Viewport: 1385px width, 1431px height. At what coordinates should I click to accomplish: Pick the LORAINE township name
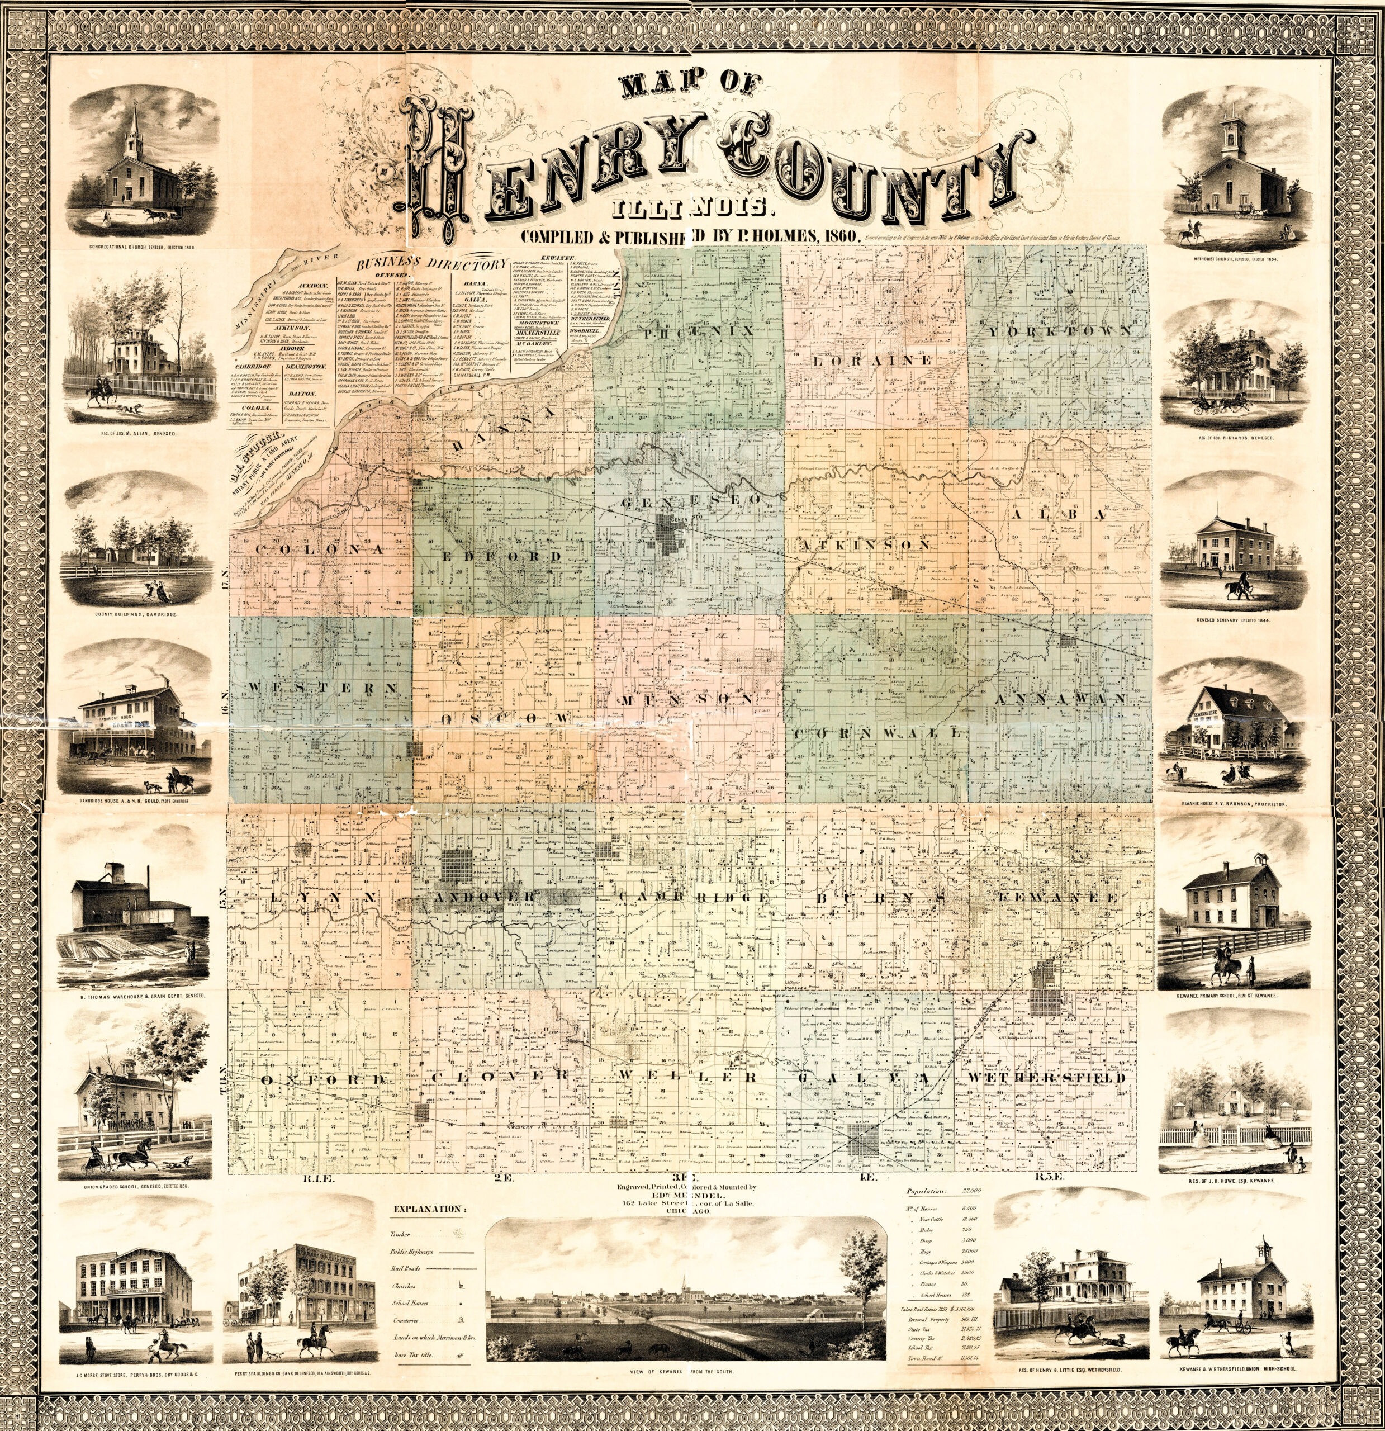coord(872,361)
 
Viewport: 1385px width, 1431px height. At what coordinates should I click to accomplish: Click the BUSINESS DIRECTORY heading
coord(431,264)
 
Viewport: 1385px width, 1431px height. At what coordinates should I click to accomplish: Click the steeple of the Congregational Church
coord(134,128)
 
